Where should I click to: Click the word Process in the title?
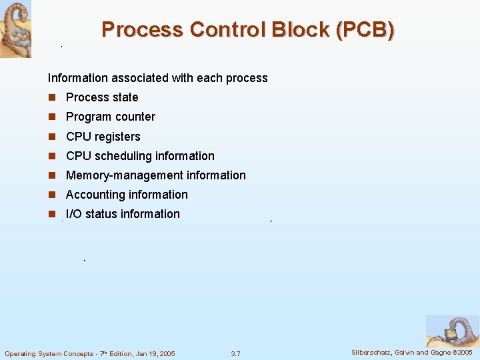141,30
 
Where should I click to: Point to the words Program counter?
111,117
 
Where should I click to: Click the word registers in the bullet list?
117,137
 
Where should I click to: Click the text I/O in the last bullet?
74,214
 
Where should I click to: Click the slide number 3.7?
235,353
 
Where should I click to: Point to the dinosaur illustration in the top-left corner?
15,29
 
